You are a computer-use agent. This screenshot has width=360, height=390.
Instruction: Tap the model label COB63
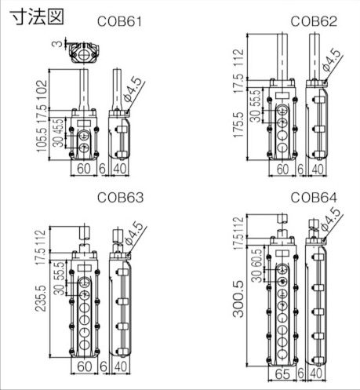point(120,199)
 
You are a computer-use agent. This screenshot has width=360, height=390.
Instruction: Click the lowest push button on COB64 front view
point(283,352)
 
